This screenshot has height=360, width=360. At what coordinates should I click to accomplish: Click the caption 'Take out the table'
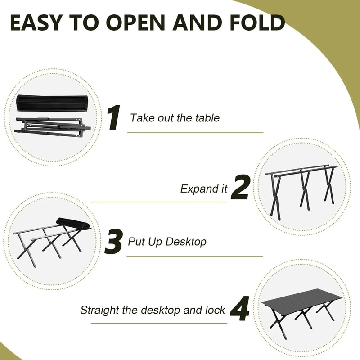[175, 118]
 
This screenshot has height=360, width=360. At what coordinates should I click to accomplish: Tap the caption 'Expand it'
[204, 189]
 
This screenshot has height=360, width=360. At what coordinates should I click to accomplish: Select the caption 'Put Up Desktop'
[167, 242]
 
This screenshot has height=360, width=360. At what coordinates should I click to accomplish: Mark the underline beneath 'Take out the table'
[195, 133]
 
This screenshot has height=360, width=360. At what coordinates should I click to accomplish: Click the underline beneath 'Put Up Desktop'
[194, 256]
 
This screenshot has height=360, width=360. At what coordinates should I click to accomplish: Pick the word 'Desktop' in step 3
[185, 242]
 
